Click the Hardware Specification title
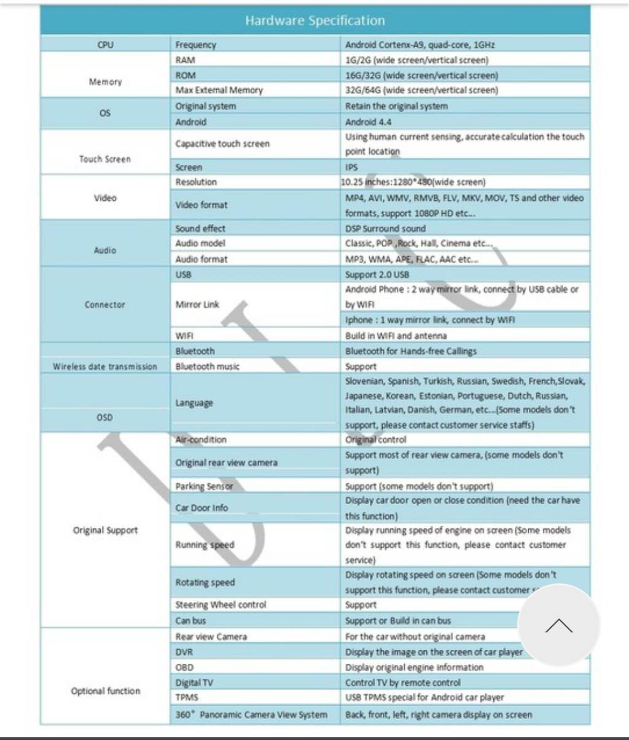point(314,20)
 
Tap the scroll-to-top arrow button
point(558,625)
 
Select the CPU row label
point(105,45)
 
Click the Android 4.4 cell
point(369,122)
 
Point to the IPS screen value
point(351,167)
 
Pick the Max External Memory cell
point(219,90)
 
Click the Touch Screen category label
point(105,159)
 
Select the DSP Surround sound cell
point(385,228)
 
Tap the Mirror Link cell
point(197,305)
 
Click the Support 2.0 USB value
point(377,275)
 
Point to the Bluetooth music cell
point(208,367)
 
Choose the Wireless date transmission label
point(105,367)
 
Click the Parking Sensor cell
point(204,486)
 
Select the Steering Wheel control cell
point(221,605)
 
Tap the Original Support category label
point(105,530)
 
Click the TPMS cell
point(187,698)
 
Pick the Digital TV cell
point(194,682)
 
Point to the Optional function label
point(105,691)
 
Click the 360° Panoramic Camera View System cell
point(251,715)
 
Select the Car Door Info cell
point(201,508)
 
